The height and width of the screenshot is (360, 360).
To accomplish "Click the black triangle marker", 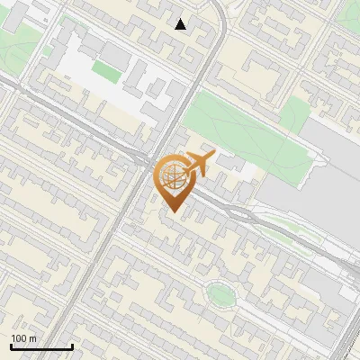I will click(x=181, y=24).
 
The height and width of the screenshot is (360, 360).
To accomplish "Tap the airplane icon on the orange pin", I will click(x=197, y=164).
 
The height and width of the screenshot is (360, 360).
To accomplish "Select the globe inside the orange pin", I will click(x=172, y=175).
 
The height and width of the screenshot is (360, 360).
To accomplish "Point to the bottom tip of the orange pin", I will click(x=172, y=212).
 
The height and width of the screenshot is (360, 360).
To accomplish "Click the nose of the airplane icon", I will click(x=211, y=157).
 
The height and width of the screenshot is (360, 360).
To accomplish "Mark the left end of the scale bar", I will click(x=11, y=347).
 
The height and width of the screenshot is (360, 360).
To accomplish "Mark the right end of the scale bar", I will click(x=72, y=347).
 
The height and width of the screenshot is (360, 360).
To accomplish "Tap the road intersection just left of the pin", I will click(x=144, y=163).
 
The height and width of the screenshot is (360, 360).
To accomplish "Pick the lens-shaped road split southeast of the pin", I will click(x=238, y=211).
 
